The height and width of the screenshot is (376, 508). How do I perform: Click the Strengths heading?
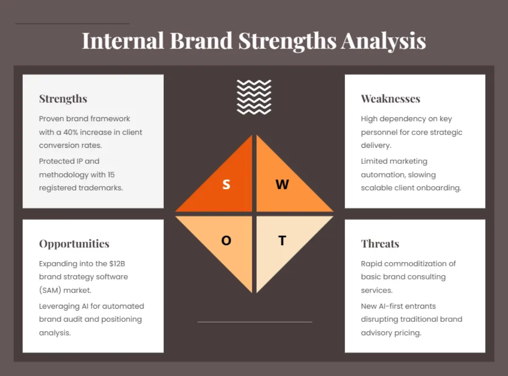coord(63,99)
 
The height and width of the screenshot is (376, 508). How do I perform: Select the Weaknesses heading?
coord(390,99)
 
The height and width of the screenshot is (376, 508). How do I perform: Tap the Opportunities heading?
coord(74,244)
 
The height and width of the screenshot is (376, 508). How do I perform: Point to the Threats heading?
coord(380,244)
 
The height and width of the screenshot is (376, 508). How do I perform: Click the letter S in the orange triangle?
coord(226,185)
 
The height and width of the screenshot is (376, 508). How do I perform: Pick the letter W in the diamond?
coord(282,185)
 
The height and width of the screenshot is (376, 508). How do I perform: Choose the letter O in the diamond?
coord(226,241)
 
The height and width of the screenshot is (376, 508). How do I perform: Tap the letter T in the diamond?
coord(282,241)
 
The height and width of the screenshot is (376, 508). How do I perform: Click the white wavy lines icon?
coord(254,97)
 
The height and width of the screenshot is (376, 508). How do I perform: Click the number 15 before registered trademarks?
coord(110,174)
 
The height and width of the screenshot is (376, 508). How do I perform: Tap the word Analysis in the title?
coord(384,41)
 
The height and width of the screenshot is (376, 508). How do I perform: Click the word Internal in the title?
coord(123,41)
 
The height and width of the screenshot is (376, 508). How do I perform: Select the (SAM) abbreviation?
coord(50,290)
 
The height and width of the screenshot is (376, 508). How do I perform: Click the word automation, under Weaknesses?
coord(382,174)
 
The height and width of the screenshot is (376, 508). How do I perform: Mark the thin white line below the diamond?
coord(254,322)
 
